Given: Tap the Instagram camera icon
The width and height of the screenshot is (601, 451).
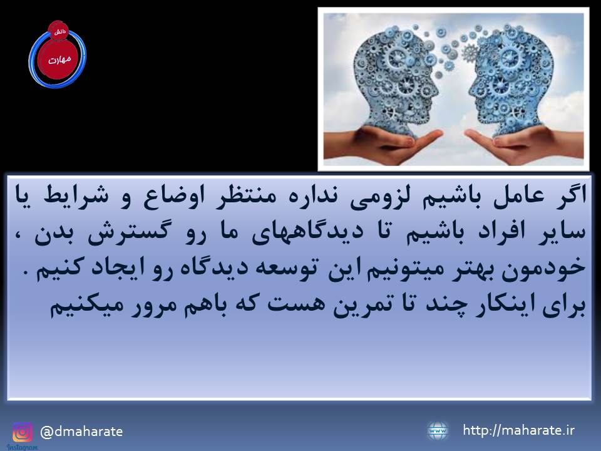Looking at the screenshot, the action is click(23, 432).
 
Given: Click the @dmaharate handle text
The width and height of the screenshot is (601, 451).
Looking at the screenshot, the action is click(81, 432).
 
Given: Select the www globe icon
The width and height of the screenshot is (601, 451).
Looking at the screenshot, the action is click(438, 431).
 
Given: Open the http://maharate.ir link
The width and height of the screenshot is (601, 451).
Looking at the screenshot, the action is click(518, 430).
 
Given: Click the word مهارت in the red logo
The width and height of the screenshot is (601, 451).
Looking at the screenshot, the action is click(60, 60).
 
